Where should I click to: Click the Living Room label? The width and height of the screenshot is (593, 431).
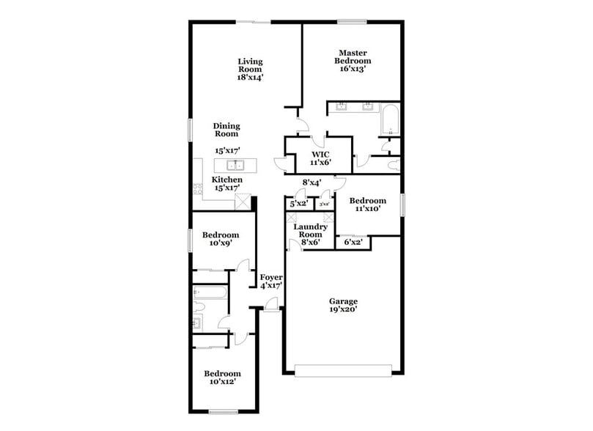pyautogui.click(x=250, y=65)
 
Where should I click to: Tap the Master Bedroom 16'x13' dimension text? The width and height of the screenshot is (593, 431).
pyautogui.click(x=352, y=70)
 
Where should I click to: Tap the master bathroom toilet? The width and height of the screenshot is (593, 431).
pyautogui.click(x=392, y=163)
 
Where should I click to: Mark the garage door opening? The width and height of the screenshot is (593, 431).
pyautogui.click(x=342, y=370)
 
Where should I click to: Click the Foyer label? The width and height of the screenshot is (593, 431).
pyautogui.click(x=271, y=277)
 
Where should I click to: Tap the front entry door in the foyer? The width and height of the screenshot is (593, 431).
pyautogui.click(x=271, y=312)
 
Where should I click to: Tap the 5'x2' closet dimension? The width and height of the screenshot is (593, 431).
pyautogui.click(x=298, y=204)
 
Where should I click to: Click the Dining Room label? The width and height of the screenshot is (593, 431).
pyautogui.click(x=226, y=130)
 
